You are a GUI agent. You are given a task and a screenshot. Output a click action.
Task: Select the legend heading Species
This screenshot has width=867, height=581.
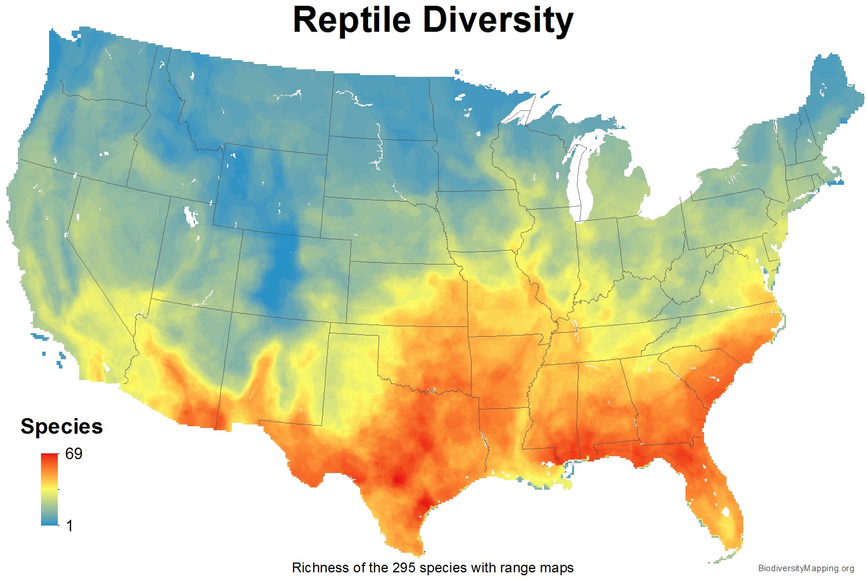click(61, 426)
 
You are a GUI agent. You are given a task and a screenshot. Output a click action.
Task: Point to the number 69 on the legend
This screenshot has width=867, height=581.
click(73, 454)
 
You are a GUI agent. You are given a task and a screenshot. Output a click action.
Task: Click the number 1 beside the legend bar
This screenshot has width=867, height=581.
click(69, 526)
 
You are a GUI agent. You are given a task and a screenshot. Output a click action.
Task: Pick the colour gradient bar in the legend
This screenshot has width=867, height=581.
click(50, 489)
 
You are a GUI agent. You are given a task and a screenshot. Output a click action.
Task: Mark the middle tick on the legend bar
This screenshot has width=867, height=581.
click(59, 489)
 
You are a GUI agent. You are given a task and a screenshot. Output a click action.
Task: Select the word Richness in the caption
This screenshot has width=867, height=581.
click(316, 568)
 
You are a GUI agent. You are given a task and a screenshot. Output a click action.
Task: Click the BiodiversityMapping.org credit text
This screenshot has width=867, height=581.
click(806, 569)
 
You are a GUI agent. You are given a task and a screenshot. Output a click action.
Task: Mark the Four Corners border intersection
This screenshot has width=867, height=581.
click(232, 312)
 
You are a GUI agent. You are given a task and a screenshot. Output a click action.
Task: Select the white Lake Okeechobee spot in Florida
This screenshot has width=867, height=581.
click(724, 512)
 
